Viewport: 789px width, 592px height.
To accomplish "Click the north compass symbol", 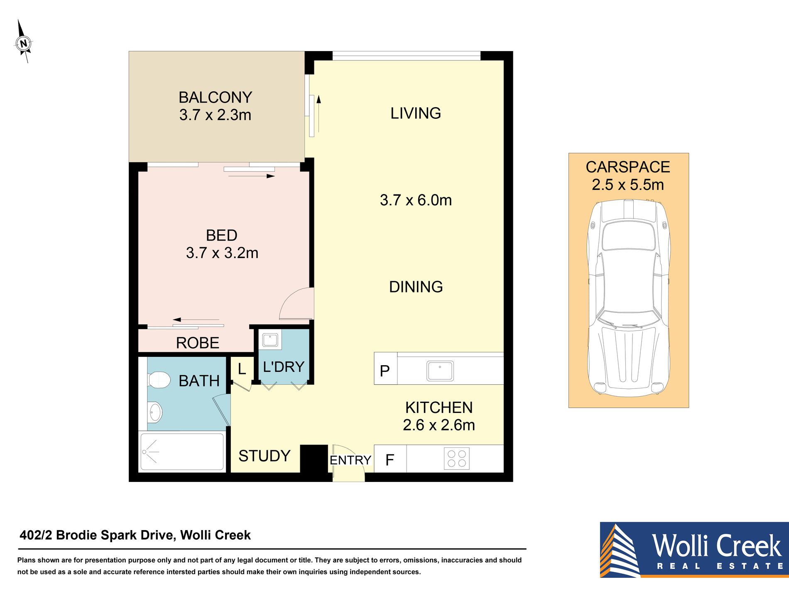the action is [x=24, y=43].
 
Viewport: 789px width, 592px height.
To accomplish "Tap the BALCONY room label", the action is [x=215, y=98].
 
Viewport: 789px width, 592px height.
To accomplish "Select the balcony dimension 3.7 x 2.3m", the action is [x=215, y=115].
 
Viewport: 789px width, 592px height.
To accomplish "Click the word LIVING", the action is [x=416, y=113].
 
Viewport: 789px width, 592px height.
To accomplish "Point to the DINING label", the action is [x=416, y=287].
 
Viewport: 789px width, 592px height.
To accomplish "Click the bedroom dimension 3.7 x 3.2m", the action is [x=222, y=253].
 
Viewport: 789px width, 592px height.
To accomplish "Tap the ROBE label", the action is [x=198, y=343].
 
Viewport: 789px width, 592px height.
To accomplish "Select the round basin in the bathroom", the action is [x=154, y=412].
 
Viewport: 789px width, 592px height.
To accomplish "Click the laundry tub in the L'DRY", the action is [x=270, y=340].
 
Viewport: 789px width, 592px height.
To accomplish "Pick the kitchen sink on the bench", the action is [x=440, y=371].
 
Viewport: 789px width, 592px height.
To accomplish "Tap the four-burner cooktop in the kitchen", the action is [x=457, y=459].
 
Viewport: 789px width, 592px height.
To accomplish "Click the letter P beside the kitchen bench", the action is [x=385, y=371].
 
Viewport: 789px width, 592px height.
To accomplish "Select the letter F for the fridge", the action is [x=390, y=460].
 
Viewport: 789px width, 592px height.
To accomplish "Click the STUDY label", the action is [x=265, y=456].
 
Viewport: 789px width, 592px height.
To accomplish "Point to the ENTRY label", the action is [x=350, y=460].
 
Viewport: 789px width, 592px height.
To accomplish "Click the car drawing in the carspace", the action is [x=628, y=298].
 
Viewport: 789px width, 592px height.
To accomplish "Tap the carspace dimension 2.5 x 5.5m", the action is [x=628, y=185].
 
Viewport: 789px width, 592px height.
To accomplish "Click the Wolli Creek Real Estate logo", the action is [x=694, y=550].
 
